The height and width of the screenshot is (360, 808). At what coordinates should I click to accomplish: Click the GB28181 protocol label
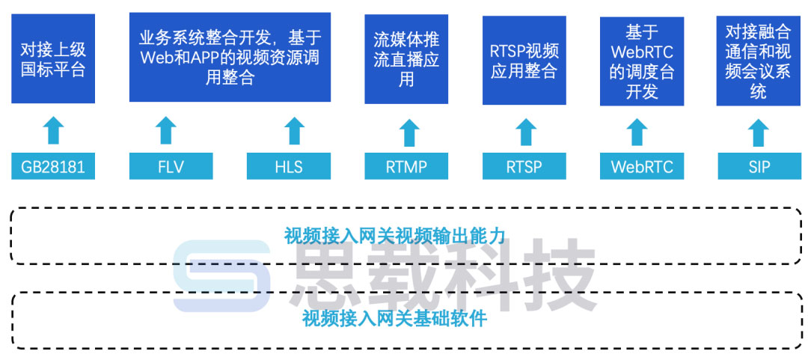point(53,166)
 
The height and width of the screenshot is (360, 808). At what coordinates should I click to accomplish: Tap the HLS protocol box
point(289,166)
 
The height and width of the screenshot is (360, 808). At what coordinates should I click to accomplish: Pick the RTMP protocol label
point(406,166)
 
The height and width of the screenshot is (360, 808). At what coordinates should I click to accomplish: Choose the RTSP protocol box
point(524,166)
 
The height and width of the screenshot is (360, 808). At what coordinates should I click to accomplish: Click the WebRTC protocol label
point(642,166)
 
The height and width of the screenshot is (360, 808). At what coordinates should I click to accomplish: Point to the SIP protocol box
point(759,166)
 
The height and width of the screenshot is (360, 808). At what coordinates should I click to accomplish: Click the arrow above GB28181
point(53,130)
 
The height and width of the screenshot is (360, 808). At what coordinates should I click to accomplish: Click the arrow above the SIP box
point(759,132)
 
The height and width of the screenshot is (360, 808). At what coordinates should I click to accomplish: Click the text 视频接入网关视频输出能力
point(395,236)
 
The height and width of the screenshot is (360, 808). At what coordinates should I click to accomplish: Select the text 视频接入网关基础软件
point(395,320)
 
